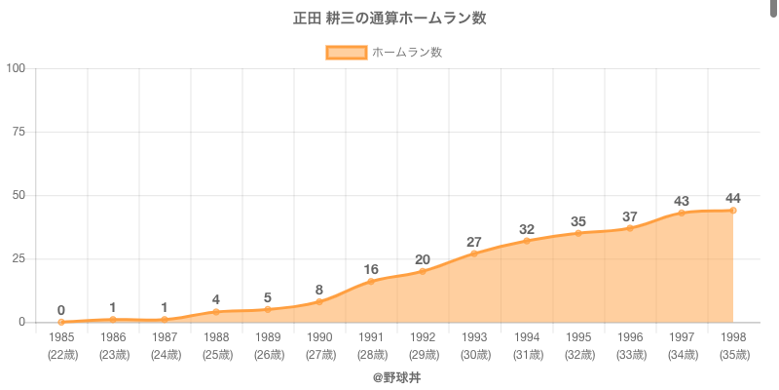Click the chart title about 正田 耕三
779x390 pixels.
pyautogui.click(x=389, y=19)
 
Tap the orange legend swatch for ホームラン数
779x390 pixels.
pyautogui.click(x=346, y=53)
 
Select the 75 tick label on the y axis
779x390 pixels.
pyautogui.click(x=19, y=132)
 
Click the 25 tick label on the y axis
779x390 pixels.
pyautogui.click(x=19, y=258)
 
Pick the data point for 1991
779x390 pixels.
pyautogui.click(x=371, y=281)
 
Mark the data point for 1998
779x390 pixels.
pyautogui.click(x=732, y=211)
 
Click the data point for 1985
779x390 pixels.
pyautogui.click(x=61, y=322)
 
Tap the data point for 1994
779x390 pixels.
pyautogui.click(x=526, y=241)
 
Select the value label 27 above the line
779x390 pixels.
pyautogui.click(x=474, y=242)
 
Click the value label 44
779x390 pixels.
pyautogui.click(x=732, y=199)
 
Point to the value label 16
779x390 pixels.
pyautogui.click(x=371, y=269)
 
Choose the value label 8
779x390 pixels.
pyautogui.click(x=319, y=290)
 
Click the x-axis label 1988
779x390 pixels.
pyautogui.click(x=216, y=337)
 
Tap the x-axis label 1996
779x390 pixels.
pyautogui.click(x=629, y=337)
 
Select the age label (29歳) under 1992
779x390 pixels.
pyautogui.click(x=423, y=355)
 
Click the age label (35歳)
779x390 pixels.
pyautogui.click(x=732, y=355)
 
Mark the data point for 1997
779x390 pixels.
pyautogui.click(x=681, y=213)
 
